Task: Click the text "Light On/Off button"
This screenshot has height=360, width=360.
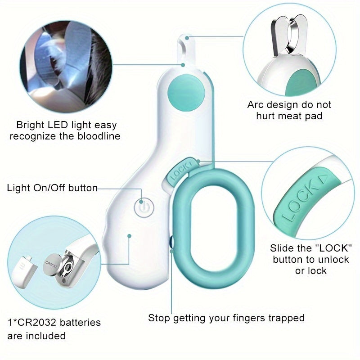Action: [x=52, y=188]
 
